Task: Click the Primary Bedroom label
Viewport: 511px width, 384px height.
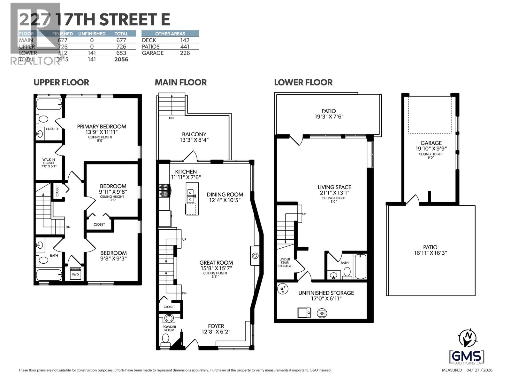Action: (102, 126)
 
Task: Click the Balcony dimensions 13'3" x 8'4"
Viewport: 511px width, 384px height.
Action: (194, 140)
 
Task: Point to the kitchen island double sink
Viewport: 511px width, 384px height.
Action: (191, 196)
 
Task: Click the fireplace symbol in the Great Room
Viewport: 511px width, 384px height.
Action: (255, 256)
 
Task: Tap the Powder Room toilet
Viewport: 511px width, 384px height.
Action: (166, 338)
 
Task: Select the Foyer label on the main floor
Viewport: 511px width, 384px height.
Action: (216, 326)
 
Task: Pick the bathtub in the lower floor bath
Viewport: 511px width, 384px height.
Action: (360, 267)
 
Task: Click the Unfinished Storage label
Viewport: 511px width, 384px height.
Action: (326, 293)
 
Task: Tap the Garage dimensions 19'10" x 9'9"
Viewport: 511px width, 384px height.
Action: (431, 148)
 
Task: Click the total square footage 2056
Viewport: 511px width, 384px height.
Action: (121, 60)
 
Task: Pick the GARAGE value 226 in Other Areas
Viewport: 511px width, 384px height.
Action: (185, 53)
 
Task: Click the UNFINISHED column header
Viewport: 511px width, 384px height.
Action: (92, 34)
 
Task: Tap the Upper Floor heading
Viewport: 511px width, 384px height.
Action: (61, 82)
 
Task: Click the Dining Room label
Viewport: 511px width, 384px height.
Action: (225, 194)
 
